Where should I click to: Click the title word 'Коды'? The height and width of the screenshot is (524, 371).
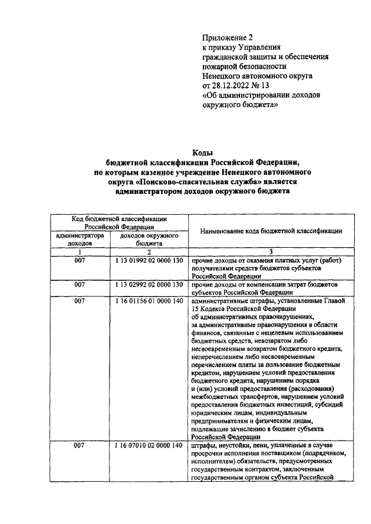(x=202, y=152)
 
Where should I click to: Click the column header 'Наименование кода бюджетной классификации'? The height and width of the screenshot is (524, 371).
(x=271, y=231)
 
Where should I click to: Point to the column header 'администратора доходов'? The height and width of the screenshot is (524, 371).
(x=80, y=240)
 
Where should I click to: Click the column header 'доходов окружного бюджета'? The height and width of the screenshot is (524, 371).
(x=149, y=240)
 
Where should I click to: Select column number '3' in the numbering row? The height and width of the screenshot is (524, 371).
(x=271, y=252)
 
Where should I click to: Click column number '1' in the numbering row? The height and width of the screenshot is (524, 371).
(x=80, y=252)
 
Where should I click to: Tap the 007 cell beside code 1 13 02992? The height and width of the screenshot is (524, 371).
(x=80, y=285)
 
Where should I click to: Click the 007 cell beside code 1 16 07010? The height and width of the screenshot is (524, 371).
(x=80, y=445)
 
